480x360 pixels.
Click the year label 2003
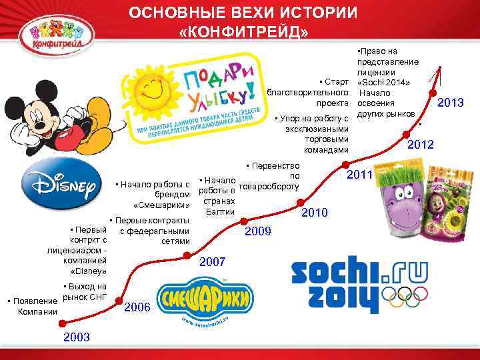click(77, 337)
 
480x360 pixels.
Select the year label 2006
click(137, 307)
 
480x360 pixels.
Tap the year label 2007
click(213, 262)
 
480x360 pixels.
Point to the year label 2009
click(259, 231)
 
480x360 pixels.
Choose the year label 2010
click(315, 213)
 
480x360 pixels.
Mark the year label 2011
click(361, 175)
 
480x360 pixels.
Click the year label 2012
click(421, 145)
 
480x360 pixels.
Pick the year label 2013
click(450, 103)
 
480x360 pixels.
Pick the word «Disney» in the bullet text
click(89, 271)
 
